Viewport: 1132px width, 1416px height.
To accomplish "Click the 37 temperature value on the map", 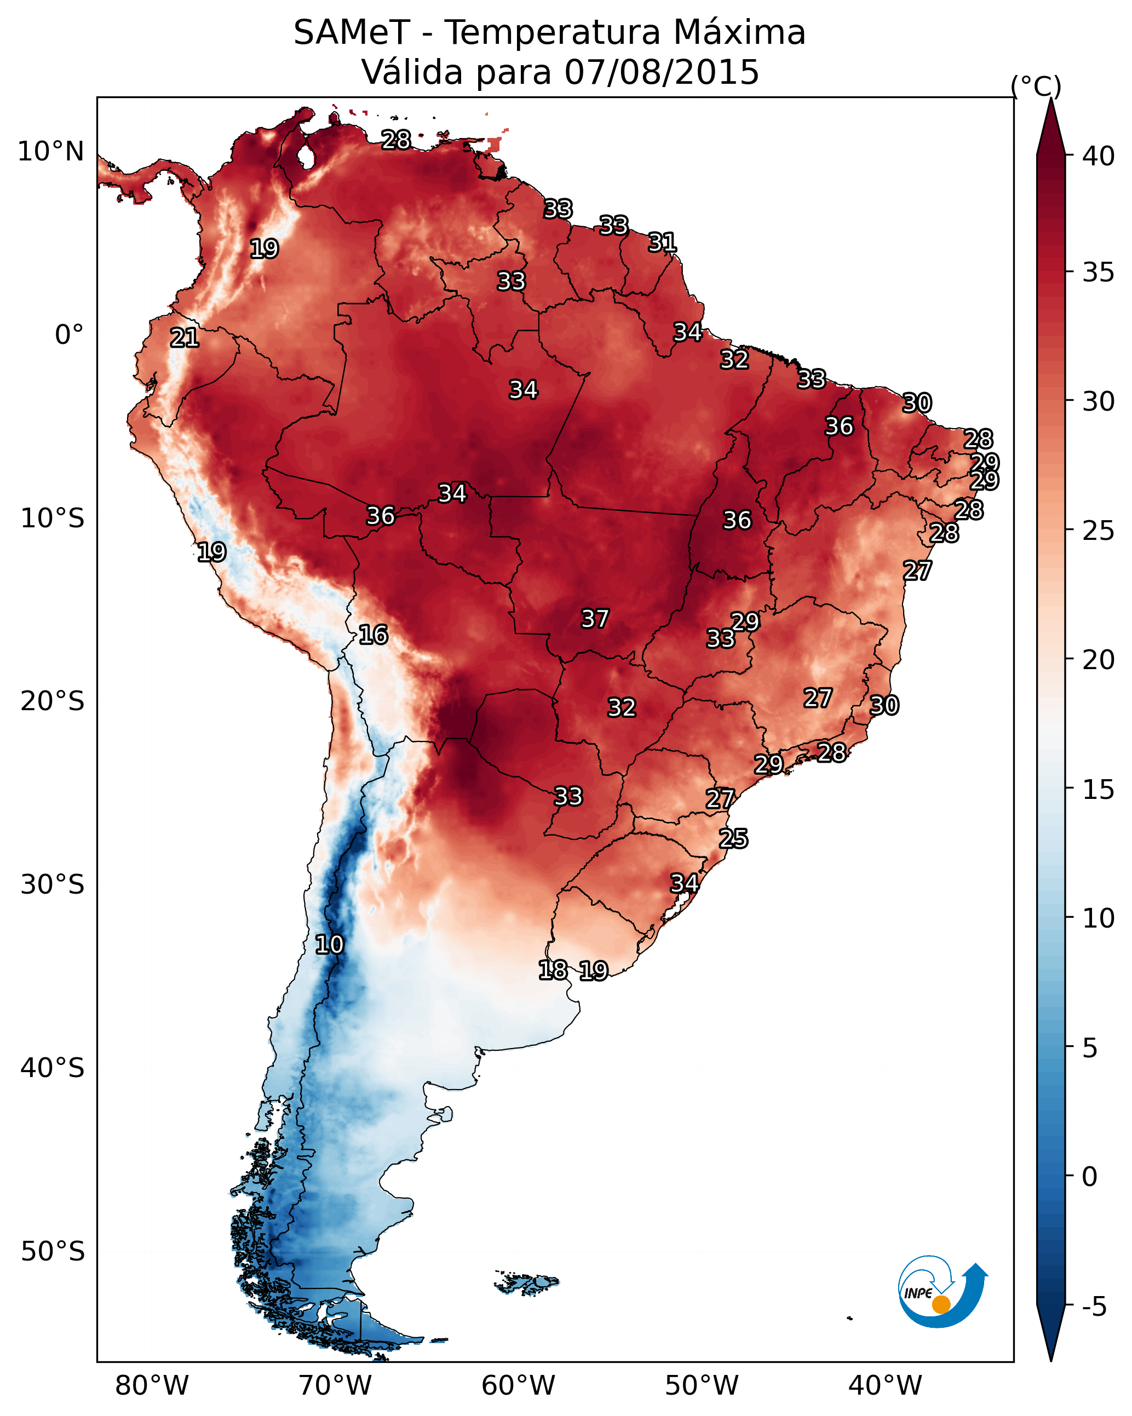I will click(595, 619).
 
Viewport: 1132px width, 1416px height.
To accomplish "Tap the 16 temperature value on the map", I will click(373, 635).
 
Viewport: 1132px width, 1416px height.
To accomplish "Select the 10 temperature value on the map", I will click(329, 945).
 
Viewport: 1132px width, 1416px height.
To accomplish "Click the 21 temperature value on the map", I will click(185, 338).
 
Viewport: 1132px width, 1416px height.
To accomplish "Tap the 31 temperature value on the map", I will click(662, 243).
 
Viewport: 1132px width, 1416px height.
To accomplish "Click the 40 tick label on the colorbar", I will click(1099, 156).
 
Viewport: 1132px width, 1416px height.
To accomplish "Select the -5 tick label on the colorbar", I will click(1094, 1307).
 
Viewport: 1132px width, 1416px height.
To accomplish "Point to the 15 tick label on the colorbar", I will click(1099, 790).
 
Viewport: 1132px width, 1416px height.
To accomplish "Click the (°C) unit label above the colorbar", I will click(1036, 86).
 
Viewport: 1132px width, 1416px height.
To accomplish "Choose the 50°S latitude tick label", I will click(53, 1252).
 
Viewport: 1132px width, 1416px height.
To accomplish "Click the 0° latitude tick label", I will click(70, 335).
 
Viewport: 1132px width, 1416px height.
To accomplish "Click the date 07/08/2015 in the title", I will click(662, 72).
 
